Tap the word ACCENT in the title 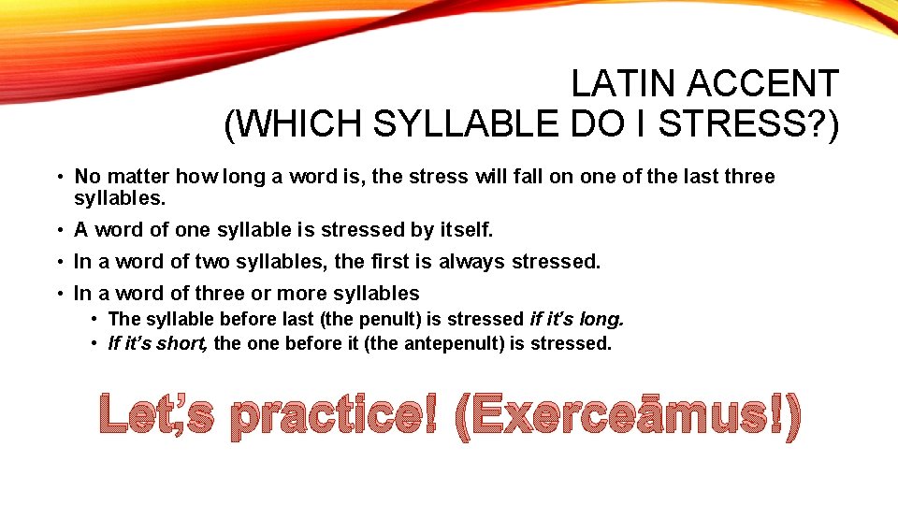tap(763, 85)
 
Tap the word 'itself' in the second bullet tap(460, 229)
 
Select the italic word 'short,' tap(183, 343)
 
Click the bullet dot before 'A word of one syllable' tap(59, 230)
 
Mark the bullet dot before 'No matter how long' tap(59, 178)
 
